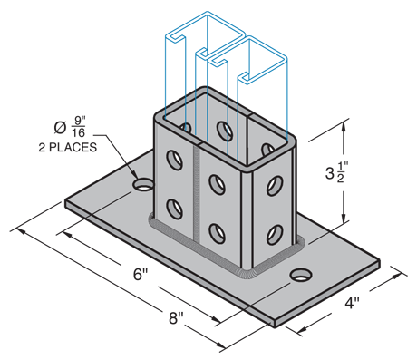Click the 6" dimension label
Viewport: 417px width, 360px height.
click(x=141, y=274)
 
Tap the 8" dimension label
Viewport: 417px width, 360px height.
click(x=176, y=317)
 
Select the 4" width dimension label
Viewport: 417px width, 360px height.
click(x=353, y=303)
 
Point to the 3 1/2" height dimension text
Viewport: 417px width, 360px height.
click(x=337, y=172)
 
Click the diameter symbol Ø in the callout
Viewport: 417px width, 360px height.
click(x=60, y=128)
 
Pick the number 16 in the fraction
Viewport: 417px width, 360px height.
click(x=79, y=132)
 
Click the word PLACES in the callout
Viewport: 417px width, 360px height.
click(x=73, y=147)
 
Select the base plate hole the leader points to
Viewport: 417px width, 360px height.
click(x=142, y=184)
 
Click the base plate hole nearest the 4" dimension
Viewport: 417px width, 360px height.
click(x=301, y=275)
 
